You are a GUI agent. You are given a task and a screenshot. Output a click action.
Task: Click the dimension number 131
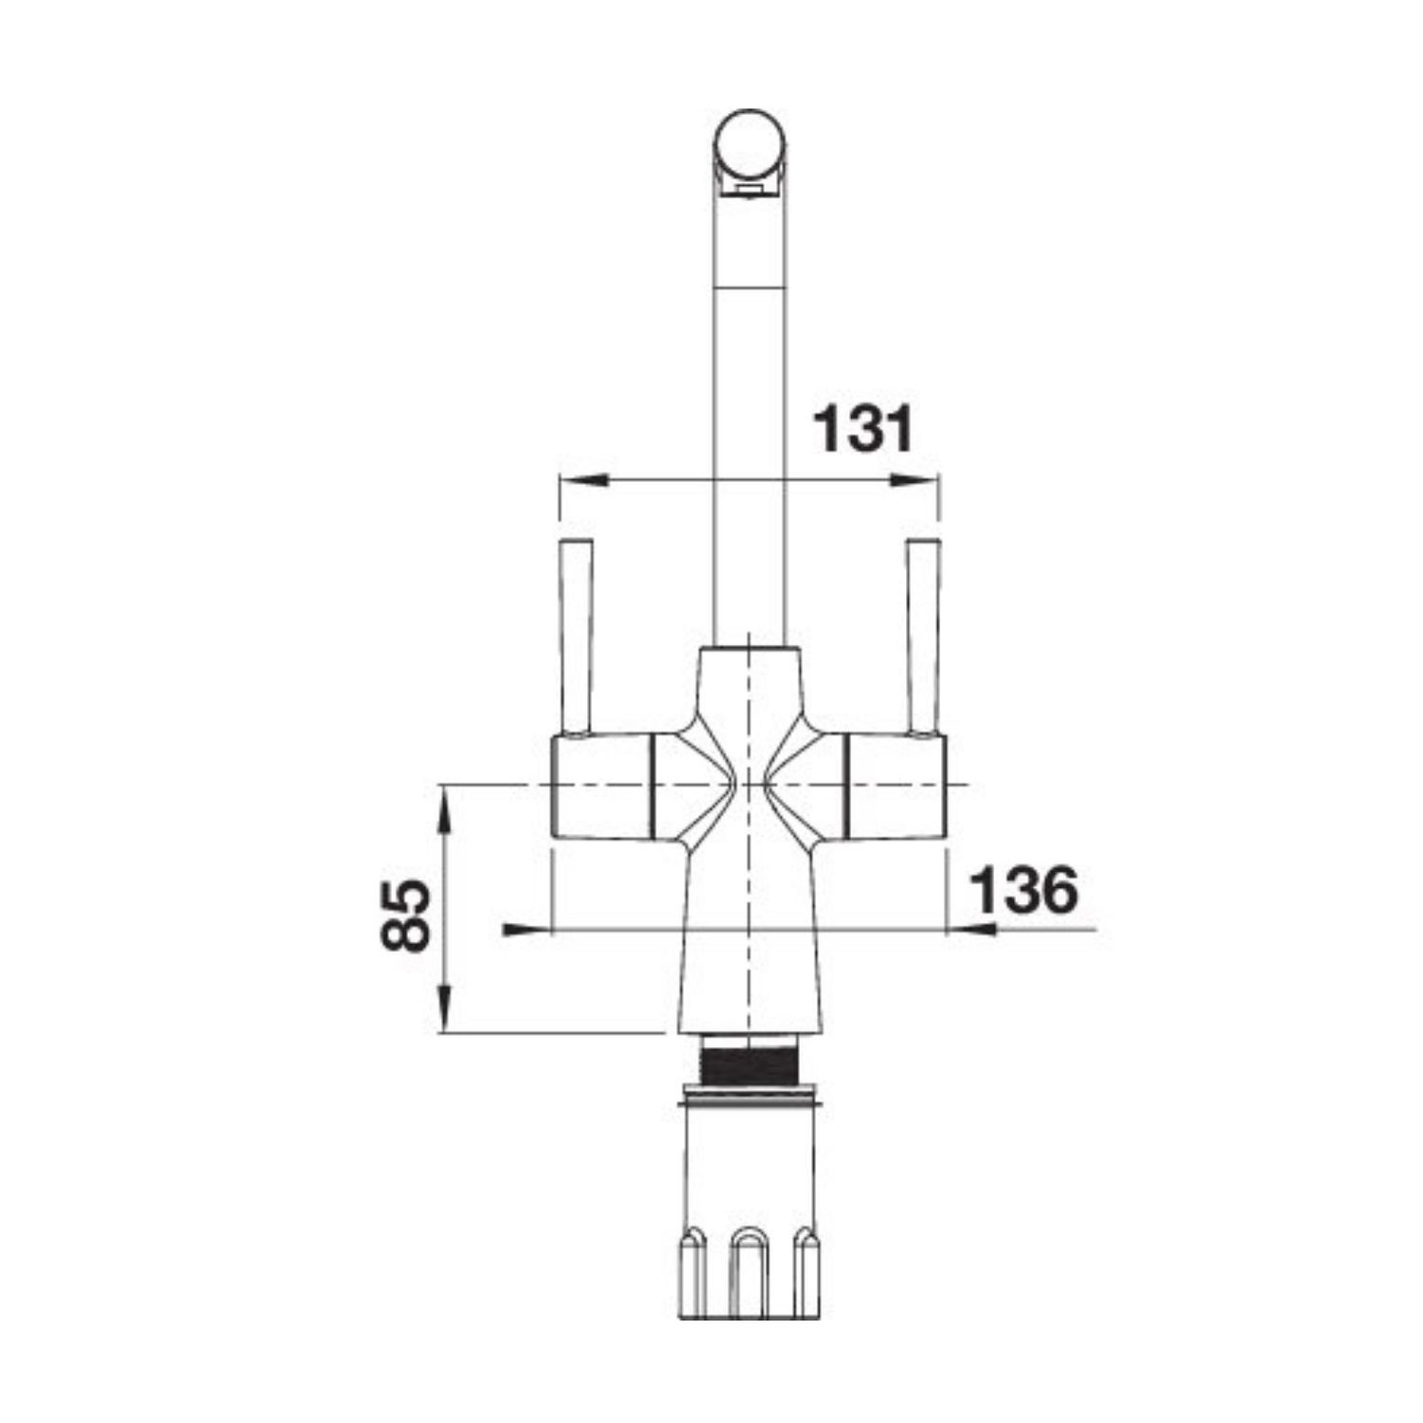pyautogui.click(x=864, y=430)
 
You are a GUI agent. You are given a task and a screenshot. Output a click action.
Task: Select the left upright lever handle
pyautogui.click(x=577, y=637)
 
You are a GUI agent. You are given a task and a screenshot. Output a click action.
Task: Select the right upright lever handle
pyautogui.click(x=923, y=637)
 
